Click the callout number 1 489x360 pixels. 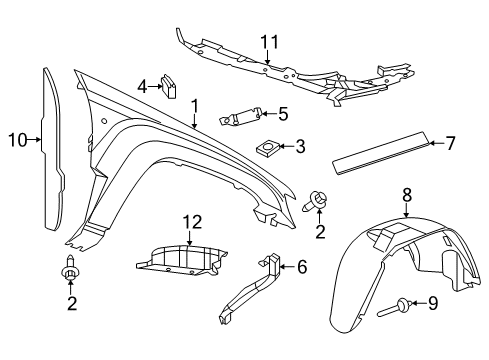click(x=196, y=105)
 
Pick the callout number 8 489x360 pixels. click(x=408, y=195)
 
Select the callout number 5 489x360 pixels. click(x=284, y=113)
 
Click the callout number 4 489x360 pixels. click(x=144, y=86)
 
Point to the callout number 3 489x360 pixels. click(x=300, y=146)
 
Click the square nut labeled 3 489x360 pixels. click(x=268, y=148)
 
